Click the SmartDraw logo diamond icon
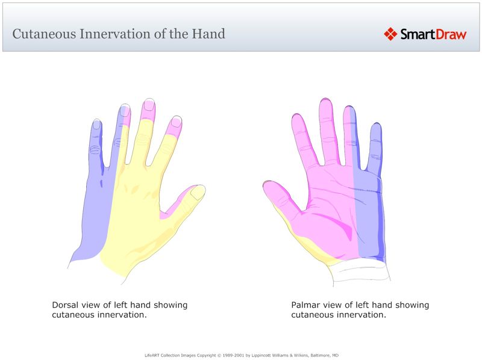pyautogui.click(x=390, y=34)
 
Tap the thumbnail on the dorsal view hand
pyautogui.click(x=197, y=193)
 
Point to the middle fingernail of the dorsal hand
pyautogui.click(x=149, y=105)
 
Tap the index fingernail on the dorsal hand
pyautogui.click(x=176, y=121)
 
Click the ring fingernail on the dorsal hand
pyautogui.click(x=125, y=110)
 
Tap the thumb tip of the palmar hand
pyautogui.click(x=271, y=188)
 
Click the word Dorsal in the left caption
pyautogui.click(x=65, y=305)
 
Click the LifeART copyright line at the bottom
pyautogui.click(x=241, y=355)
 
